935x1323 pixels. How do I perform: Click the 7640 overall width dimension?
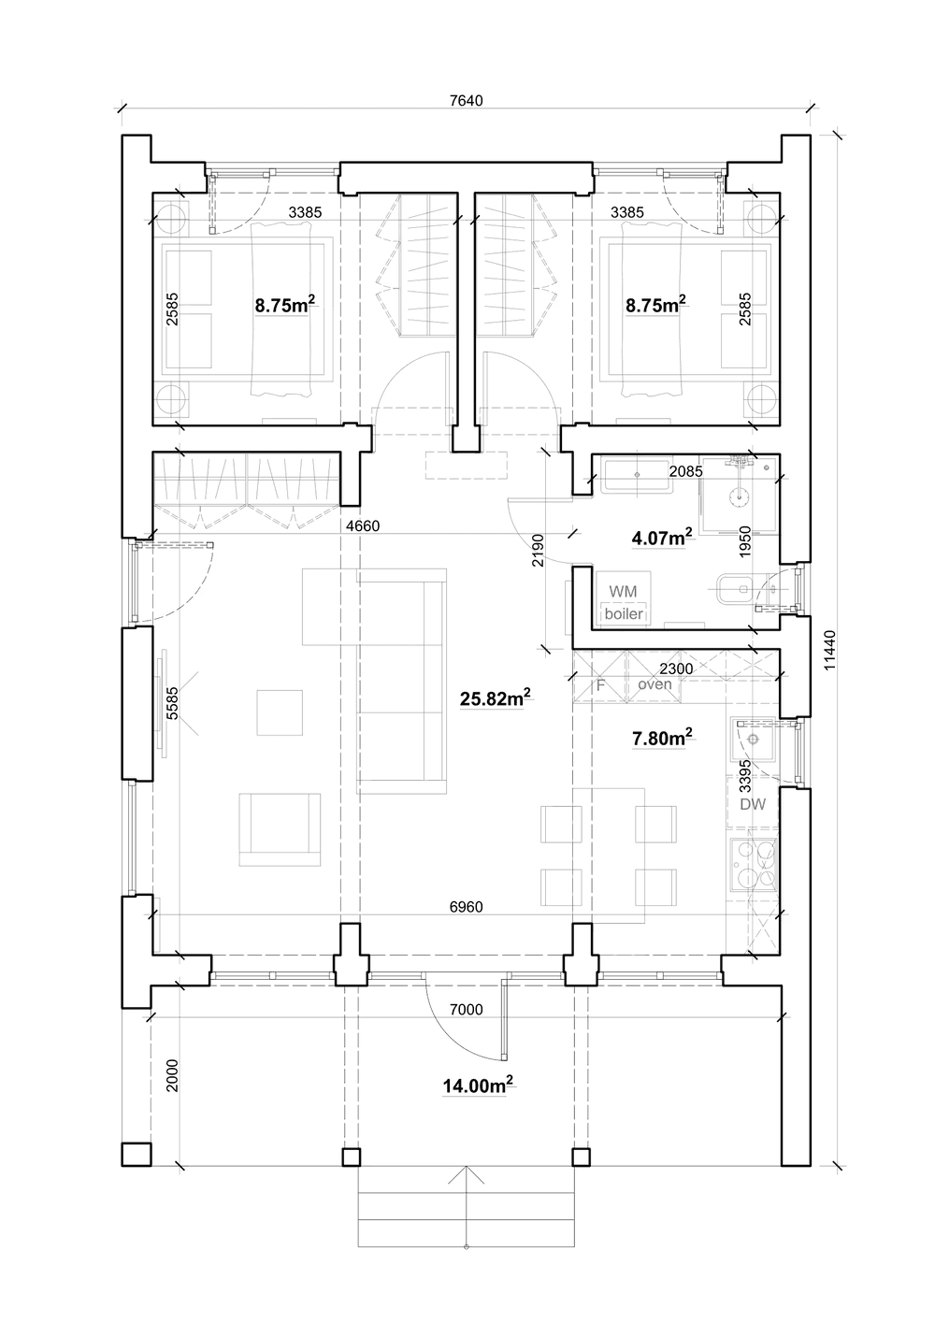point(466,101)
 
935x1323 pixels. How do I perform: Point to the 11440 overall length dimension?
point(830,650)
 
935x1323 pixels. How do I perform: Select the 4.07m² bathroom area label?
point(662,537)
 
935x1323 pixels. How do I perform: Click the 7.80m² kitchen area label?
point(662,737)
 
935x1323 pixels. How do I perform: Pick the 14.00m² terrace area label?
point(478,1085)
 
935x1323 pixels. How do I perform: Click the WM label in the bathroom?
point(623,591)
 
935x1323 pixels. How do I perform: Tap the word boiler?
point(624,613)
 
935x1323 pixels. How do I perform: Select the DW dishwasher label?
point(753,804)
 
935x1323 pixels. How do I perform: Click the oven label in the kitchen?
point(655,684)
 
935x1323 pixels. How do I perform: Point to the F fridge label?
point(600,685)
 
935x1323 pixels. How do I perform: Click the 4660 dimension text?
point(363,525)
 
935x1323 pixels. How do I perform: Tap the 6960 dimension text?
point(466,907)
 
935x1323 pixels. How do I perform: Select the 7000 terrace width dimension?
point(466,1010)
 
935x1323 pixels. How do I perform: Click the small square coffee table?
point(280,712)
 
